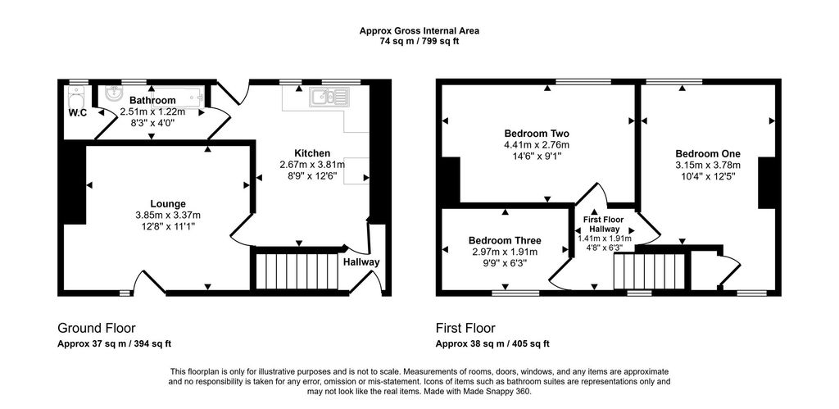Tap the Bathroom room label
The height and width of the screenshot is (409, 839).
click(152, 101)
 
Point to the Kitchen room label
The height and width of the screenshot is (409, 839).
click(312, 153)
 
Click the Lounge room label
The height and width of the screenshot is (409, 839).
click(167, 204)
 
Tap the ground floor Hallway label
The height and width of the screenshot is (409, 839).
click(361, 262)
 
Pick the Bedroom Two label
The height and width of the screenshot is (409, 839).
click(537, 134)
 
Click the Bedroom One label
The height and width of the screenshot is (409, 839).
click(707, 153)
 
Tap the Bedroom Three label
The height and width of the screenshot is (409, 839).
click(505, 240)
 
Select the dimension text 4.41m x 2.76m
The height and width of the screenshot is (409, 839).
click(537, 144)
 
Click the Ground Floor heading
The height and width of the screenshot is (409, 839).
click(96, 327)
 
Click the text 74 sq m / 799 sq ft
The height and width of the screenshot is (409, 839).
click(419, 41)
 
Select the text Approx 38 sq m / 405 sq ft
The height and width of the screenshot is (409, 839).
click(492, 343)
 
